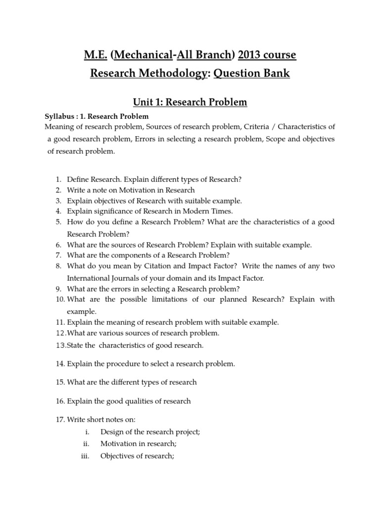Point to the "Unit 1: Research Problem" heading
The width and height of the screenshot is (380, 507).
(190, 102)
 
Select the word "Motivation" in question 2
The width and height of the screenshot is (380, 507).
(127, 190)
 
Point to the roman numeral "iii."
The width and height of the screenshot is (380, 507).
(85, 456)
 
